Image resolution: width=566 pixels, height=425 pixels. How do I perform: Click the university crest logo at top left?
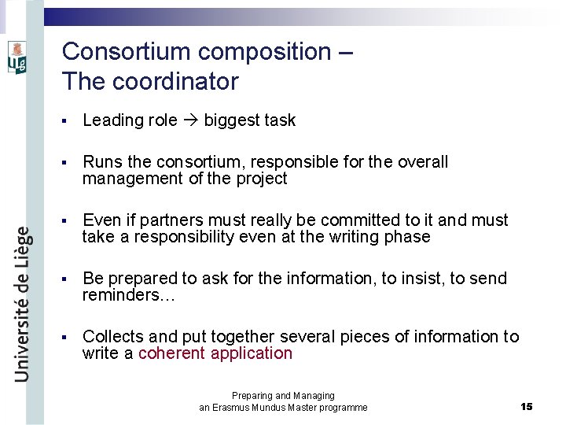click(x=17, y=57)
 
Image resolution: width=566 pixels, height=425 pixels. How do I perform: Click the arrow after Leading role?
click(x=191, y=120)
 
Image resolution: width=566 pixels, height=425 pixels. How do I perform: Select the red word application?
click(x=251, y=353)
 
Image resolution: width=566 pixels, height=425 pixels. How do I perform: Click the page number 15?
click(x=527, y=406)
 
